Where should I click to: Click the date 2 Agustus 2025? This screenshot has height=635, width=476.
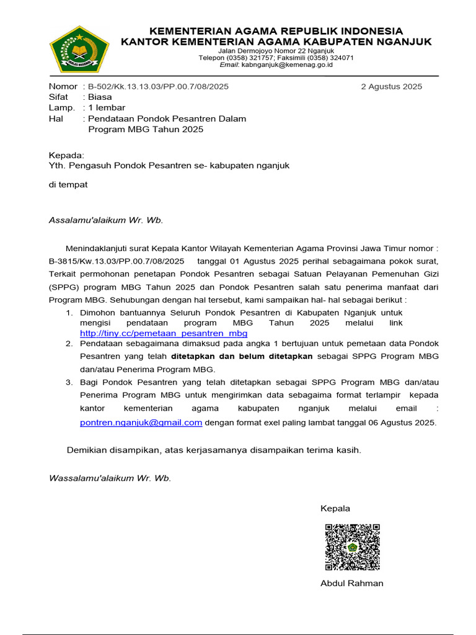coord(391,86)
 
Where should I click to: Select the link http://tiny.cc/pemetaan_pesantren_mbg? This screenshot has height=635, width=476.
coord(164,333)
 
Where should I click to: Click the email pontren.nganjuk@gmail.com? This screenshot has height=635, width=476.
coord(141,422)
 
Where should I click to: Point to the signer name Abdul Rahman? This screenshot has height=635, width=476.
coord(351,583)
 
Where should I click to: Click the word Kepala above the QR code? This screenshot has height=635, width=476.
coord(335,508)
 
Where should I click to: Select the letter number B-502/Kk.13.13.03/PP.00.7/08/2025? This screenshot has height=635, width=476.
coord(158,86)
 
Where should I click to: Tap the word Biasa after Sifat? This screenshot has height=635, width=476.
coord(100,97)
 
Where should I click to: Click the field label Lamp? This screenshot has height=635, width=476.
coord(61,107)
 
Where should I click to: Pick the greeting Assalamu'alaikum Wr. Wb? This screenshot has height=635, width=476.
coord(106,220)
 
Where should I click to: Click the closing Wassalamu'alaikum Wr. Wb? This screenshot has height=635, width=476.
coord(110,478)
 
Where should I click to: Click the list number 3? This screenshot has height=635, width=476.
coord(69,382)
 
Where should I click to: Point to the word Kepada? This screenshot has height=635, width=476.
coord(66,155)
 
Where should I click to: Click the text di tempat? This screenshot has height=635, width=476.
coord(68,184)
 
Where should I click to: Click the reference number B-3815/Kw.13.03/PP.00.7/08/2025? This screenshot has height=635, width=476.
coord(117,261)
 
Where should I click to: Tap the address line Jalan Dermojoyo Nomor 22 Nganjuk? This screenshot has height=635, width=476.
coord(276,51)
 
